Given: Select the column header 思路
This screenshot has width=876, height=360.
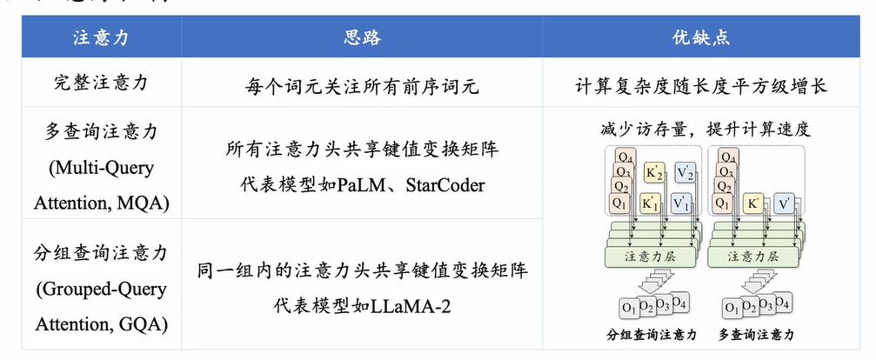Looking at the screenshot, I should [363, 39].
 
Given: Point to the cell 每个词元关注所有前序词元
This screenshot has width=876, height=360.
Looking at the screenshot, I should [363, 85].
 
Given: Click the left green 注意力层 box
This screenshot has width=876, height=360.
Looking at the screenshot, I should [650, 257].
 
